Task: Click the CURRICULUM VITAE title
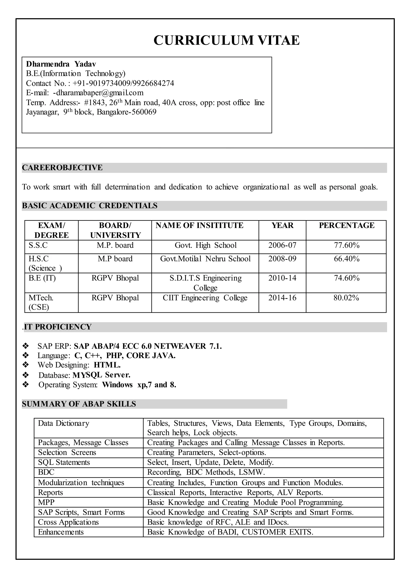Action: (x=227, y=40)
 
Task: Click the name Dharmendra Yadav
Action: (x=61, y=64)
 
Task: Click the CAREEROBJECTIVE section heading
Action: (x=62, y=168)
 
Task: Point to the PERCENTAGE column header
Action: (x=346, y=225)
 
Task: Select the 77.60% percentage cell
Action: (x=346, y=245)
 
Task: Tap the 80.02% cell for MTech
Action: (x=346, y=298)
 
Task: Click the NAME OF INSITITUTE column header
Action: (x=199, y=225)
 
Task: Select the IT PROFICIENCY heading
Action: (x=58, y=327)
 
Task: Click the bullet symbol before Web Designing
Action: (x=26, y=365)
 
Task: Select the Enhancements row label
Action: (x=61, y=532)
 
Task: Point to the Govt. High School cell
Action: (x=205, y=245)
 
